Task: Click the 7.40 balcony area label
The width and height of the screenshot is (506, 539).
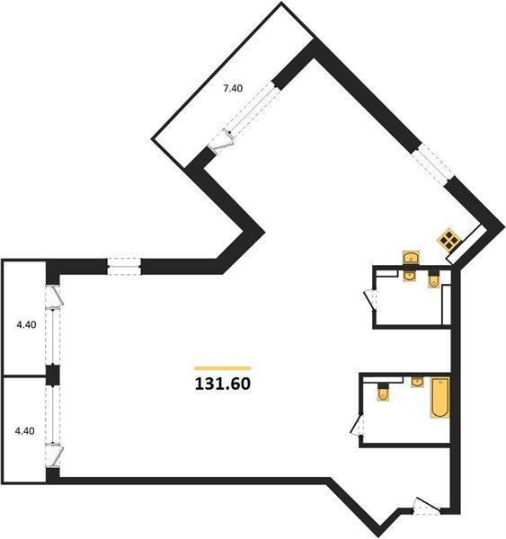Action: (233, 88)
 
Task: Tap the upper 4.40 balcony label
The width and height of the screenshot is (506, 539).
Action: (26, 324)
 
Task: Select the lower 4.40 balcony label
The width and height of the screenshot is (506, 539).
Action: (25, 430)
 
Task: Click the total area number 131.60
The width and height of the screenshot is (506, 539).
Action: (223, 384)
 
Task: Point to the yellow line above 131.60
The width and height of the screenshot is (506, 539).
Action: (223, 368)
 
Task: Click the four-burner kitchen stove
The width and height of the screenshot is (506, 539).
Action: (448, 238)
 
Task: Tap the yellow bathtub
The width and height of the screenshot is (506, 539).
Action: (440, 397)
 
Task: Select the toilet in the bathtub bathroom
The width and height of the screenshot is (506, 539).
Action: (383, 392)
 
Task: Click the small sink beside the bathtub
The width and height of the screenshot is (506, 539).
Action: (417, 382)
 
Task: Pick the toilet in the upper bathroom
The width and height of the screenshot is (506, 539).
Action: (433, 279)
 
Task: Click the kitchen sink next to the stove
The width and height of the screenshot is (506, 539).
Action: (411, 258)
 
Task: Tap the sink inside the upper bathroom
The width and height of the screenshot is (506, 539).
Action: (410, 276)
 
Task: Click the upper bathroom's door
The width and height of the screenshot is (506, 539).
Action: (371, 299)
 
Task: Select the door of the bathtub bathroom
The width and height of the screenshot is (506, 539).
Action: (357, 425)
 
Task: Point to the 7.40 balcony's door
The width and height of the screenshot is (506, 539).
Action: (222, 141)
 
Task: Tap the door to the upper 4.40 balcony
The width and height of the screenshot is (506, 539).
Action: (54, 296)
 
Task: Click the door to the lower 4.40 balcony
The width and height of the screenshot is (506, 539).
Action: (54, 455)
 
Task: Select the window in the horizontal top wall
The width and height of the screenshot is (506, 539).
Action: (124, 267)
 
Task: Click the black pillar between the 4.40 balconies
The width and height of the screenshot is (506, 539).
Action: (53, 376)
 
